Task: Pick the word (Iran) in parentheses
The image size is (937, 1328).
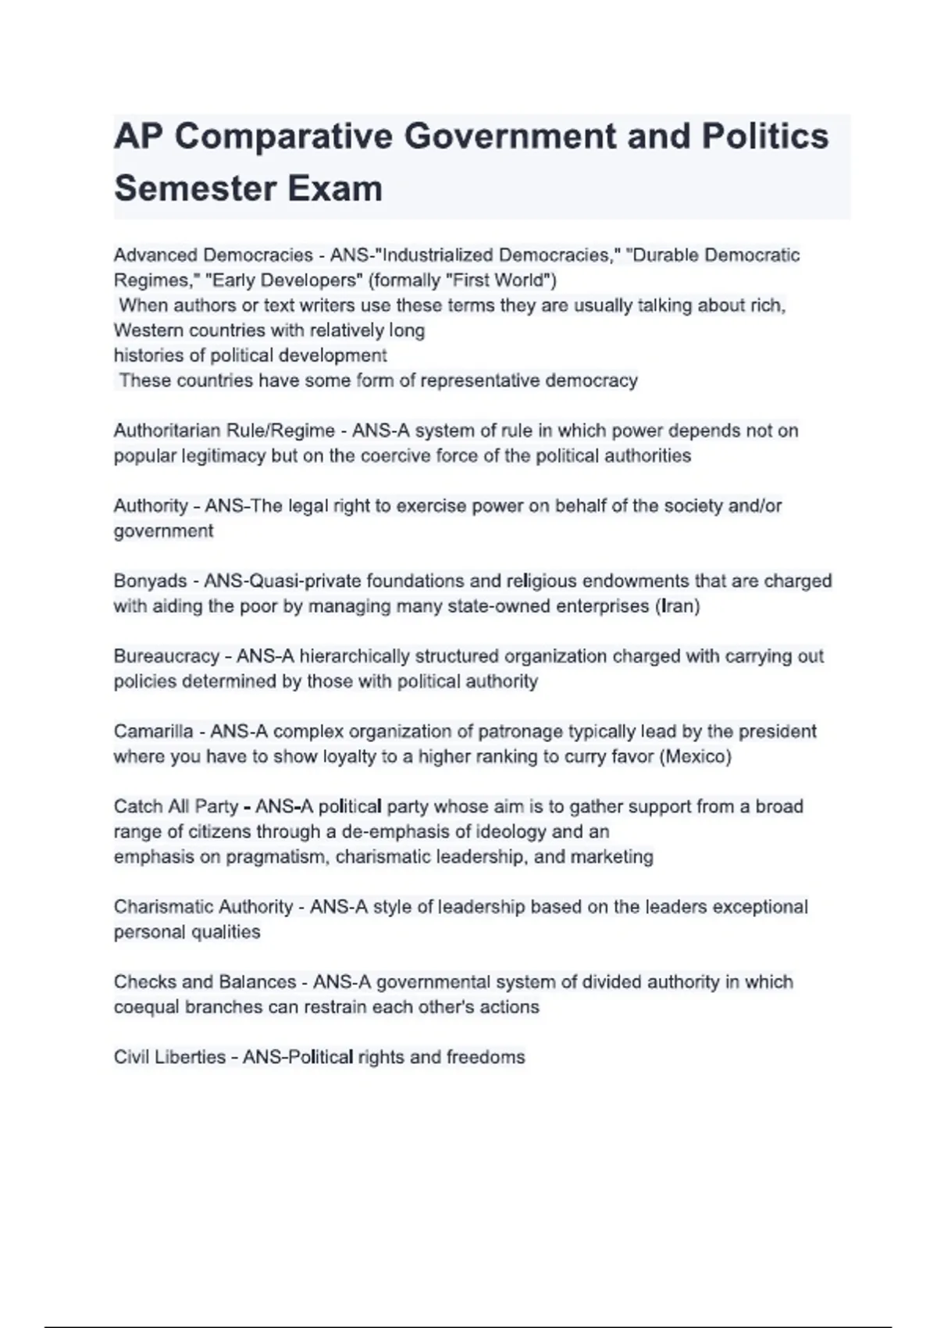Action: point(677,606)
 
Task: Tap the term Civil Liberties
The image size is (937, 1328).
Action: point(169,1058)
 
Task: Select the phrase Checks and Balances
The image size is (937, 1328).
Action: point(205,982)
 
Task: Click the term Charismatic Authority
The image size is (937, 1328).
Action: point(203,907)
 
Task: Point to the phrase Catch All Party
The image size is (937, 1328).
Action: point(176,807)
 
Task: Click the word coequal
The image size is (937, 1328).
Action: point(146,1008)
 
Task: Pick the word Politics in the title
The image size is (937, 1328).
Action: point(764,137)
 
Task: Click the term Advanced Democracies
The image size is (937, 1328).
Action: point(213,255)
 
